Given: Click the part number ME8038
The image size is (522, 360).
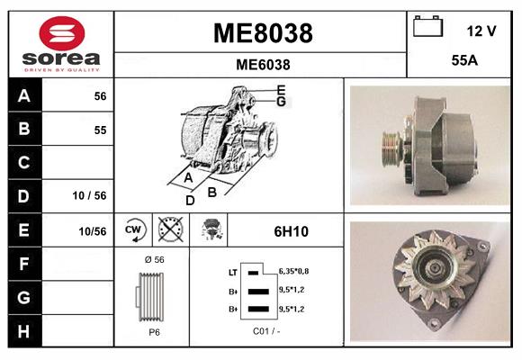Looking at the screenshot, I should click(262, 33).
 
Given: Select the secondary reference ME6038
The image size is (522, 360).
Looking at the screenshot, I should click(262, 64).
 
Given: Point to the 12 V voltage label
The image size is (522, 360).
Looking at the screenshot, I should click(481, 31).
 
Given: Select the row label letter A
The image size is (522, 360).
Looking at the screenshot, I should click(23, 95).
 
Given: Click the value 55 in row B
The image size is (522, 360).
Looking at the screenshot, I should click(100, 130).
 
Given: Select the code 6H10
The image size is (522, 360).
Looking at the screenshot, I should click(291, 231).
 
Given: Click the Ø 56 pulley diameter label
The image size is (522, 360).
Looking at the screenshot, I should click(153, 260).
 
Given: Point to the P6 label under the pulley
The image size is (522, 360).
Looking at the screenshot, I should click(154, 331).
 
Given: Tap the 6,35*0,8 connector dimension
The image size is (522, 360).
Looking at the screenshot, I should click(294, 269).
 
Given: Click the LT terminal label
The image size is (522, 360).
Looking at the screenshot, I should click(233, 271).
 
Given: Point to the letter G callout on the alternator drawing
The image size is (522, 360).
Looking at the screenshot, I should click(281, 103).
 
